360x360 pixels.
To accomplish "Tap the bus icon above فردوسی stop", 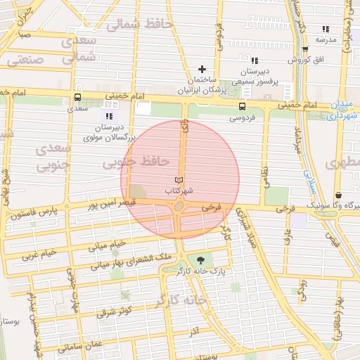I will point(242,107).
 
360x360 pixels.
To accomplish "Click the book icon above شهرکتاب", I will point(179,180).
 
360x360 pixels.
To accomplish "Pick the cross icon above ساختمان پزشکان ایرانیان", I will point(202,69).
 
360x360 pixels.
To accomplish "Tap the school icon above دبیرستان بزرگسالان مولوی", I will point(109,116).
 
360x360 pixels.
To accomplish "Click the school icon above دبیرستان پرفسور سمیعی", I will point(255,60).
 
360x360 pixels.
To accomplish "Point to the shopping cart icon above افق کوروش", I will point(305,49).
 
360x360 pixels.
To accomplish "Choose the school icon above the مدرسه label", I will point(326,29).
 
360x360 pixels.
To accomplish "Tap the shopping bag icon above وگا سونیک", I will point(338,195).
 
